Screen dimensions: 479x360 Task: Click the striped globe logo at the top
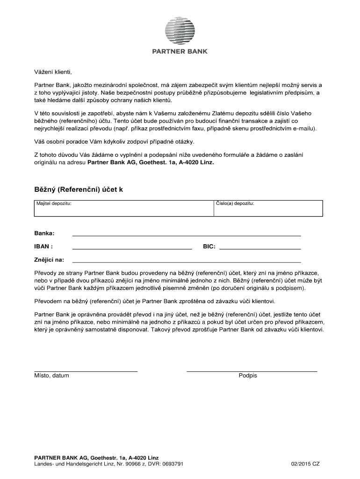(180, 30)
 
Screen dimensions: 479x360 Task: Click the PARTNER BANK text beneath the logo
(180, 52)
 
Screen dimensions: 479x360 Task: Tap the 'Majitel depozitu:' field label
(54, 204)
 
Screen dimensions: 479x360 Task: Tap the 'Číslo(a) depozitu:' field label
(235, 204)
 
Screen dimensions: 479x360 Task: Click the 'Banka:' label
(44, 233)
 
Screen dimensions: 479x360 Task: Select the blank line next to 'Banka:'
(186, 236)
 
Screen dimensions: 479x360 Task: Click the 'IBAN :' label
(43, 246)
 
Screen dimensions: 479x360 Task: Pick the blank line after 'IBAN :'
(132, 249)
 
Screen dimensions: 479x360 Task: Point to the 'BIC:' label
(209, 246)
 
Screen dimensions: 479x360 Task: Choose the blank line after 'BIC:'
(259, 249)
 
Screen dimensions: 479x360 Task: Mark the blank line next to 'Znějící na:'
(186, 262)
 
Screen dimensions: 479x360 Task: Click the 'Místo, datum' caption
(51, 376)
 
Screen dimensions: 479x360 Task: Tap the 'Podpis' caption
(248, 376)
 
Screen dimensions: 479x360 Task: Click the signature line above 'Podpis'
(252, 371)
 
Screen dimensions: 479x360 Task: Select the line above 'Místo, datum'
(86, 371)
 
